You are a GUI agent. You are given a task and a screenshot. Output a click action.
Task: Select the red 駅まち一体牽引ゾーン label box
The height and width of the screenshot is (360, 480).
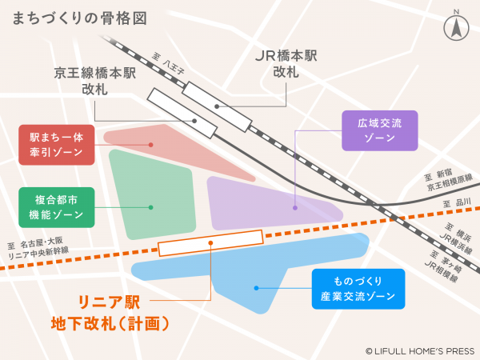[x=57, y=144]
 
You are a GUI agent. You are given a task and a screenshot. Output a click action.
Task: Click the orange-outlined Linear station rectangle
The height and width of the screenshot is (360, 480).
[x=210, y=242]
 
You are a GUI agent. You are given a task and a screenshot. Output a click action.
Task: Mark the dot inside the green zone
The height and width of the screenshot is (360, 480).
[x=151, y=207]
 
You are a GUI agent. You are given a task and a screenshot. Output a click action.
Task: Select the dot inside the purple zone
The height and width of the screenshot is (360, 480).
[x=295, y=208]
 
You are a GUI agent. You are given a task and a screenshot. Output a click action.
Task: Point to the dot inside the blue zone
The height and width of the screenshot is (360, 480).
[x=255, y=288]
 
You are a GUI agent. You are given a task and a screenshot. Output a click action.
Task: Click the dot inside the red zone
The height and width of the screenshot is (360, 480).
[x=151, y=145]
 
